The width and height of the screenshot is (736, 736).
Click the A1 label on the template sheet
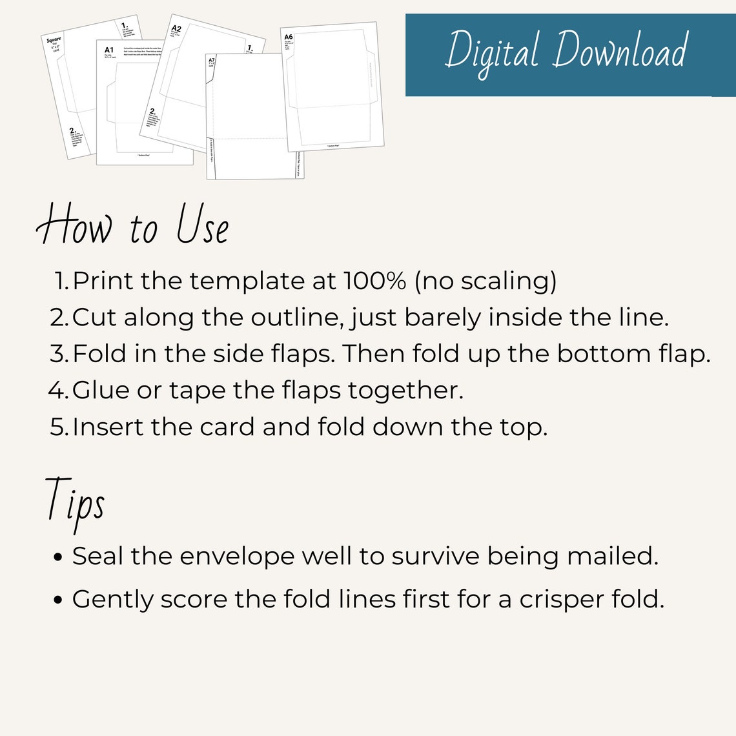coord(108,50)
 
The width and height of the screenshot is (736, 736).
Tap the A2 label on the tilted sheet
coord(176,29)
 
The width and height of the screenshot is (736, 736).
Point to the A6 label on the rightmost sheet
coord(289,37)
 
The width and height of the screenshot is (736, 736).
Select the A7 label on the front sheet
coord(211,60)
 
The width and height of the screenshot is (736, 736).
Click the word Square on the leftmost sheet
coord(54,41)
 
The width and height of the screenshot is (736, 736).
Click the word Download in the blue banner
coord(620,51)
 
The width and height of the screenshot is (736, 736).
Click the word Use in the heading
coord(203,226)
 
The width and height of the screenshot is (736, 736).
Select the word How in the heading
coord(74,226)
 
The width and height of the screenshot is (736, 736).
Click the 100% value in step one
coord(374,281)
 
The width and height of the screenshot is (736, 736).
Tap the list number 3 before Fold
coord(58,354)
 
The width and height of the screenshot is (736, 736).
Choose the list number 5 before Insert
coord(59,427)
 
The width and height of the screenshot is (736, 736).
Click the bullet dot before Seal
coord(59,557)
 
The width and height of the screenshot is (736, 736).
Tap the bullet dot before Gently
coord(59,600)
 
